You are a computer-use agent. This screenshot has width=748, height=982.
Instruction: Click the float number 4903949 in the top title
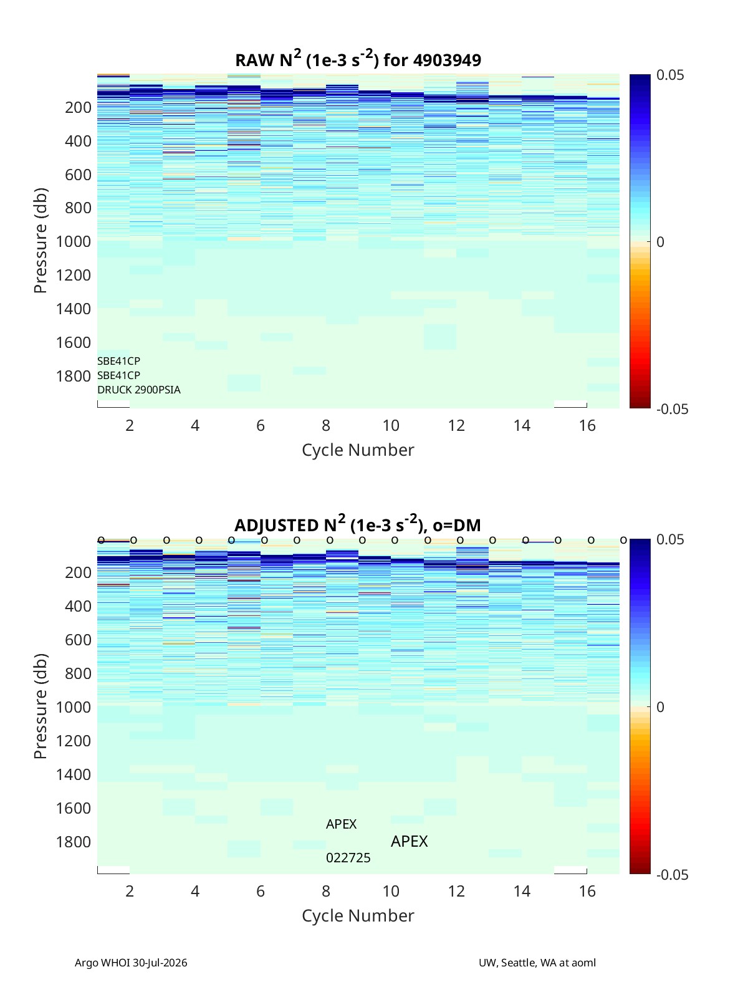[x=446, y=60]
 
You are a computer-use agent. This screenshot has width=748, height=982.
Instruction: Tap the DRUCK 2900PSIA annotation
[x=138, y=390]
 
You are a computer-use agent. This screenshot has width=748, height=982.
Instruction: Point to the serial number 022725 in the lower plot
[x=348, y=858]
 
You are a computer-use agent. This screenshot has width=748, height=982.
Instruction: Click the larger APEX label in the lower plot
[x=409, y=841]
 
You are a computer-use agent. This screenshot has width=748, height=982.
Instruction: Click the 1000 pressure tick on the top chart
[x=74, y=241]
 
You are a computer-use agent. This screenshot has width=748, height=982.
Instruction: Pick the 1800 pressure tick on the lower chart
[x=74, y=842]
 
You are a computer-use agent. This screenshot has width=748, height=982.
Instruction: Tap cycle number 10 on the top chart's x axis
[x=391, y=425]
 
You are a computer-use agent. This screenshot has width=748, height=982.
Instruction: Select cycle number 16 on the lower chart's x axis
[x=587, y=891]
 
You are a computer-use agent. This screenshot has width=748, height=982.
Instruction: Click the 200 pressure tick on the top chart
[x=79, y=107]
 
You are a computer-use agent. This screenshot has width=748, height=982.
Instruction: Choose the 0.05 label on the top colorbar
[x=669, y=75]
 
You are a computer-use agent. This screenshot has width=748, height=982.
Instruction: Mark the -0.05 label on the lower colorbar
[x=673, y=875]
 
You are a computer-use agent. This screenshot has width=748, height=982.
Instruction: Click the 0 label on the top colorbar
[x=660, y=242]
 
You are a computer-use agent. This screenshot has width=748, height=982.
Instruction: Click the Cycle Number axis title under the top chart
[x=358, y=450]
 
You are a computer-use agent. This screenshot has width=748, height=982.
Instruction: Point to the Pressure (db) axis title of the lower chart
[x=41, y=706]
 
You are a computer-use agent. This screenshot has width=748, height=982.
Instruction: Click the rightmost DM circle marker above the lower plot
[x=623, y=541]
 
